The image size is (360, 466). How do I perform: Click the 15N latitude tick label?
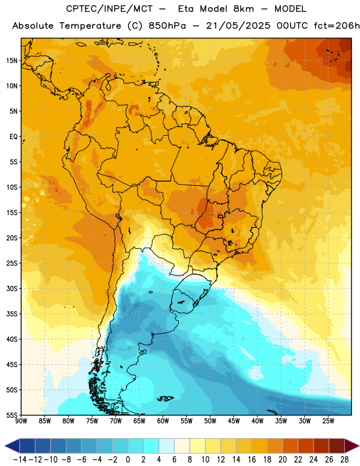pos(12,61)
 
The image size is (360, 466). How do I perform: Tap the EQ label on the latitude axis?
pos(13,137)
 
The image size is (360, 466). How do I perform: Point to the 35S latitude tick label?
pos(12,314)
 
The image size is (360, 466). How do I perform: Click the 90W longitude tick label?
pos(21,421)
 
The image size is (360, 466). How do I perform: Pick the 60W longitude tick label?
pos(163,421)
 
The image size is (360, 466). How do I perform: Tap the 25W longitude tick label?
pos(328,421)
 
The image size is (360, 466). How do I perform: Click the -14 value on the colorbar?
pos(19,460)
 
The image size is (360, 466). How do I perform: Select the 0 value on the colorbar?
pos(128,460)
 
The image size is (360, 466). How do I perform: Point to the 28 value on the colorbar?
pos(344,460)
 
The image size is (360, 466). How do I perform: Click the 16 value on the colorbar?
pos(252,460)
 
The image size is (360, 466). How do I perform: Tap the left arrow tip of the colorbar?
pos(5,446)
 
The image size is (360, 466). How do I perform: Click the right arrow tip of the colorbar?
pos(359,446)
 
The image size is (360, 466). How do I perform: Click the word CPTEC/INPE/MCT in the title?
pos(109,9)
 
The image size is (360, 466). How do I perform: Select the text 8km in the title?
pos(243,9)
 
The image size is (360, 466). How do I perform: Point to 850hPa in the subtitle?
pos(167,26)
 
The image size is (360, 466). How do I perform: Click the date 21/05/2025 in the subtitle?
pos(238,26)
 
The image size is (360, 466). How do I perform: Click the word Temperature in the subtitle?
pos(90,26)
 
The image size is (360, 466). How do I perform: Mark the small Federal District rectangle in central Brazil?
pos(220,216)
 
